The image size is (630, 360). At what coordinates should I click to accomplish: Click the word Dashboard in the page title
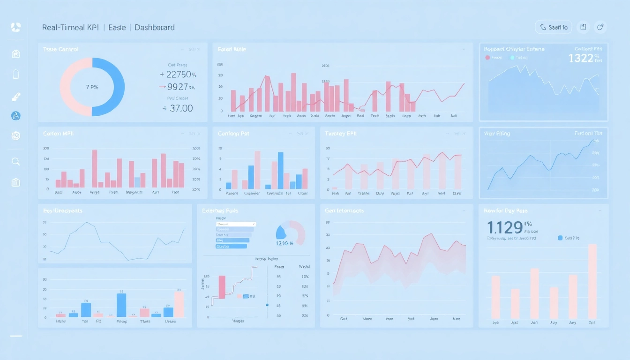[x=154, y=28]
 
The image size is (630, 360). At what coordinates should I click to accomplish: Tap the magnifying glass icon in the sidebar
[x=15, y=162]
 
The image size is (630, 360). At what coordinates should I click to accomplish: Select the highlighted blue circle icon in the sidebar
[x=15, y=116]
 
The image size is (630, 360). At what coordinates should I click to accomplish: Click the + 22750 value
[x=178, y=75]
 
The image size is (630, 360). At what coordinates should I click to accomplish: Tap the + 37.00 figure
[x=178, y=108]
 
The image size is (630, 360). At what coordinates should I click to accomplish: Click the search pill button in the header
[x=553, y=27]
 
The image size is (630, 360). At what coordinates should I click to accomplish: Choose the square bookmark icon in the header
[x=583, y=27]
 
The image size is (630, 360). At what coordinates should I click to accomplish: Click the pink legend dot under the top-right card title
[x=487, y=58]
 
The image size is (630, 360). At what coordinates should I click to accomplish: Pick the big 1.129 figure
[x=505, y=227]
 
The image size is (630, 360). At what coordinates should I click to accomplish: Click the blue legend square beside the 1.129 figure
[x=560, y=238]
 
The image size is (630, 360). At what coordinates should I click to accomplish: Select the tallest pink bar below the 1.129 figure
[x=592, y=281]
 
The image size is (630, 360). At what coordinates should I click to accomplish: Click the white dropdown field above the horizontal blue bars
[x=236, y=224]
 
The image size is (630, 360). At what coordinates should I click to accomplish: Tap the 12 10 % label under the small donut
[x=284, y=243]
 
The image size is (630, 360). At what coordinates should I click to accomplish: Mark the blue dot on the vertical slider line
[x=267, y=305]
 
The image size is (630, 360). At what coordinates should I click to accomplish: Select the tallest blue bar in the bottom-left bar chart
[x=121, y=305]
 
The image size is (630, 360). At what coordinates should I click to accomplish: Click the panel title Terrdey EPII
[x=341, y=134]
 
